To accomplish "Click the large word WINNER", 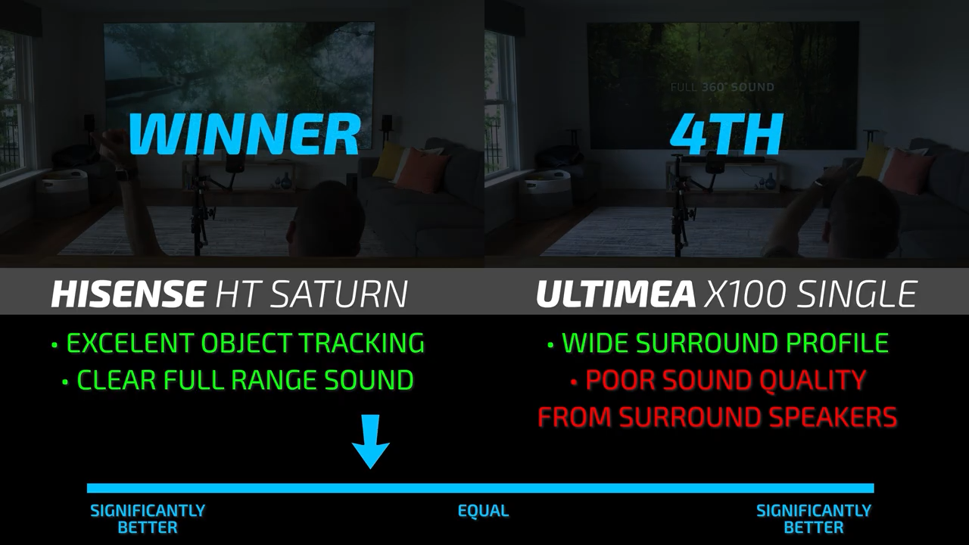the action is click(x=245, y=134).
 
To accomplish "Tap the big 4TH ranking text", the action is click(x=727, y=134).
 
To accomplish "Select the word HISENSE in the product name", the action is click(x=128, y=294).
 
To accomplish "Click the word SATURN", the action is click(x=341, y=294).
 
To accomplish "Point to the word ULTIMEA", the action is click(x=616, y=294).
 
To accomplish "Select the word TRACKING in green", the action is click(x=363, y=343).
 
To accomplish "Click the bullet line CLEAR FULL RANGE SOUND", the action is click(x=238, y=380).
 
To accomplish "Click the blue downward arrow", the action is click(x=371, y=441).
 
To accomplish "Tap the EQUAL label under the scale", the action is click(x=483, y=511).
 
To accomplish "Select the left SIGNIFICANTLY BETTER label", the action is click(x=148, y=519).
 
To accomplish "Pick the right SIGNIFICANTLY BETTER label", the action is click(x=814, y=519).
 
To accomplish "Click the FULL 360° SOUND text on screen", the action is click(x=722, y=87).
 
